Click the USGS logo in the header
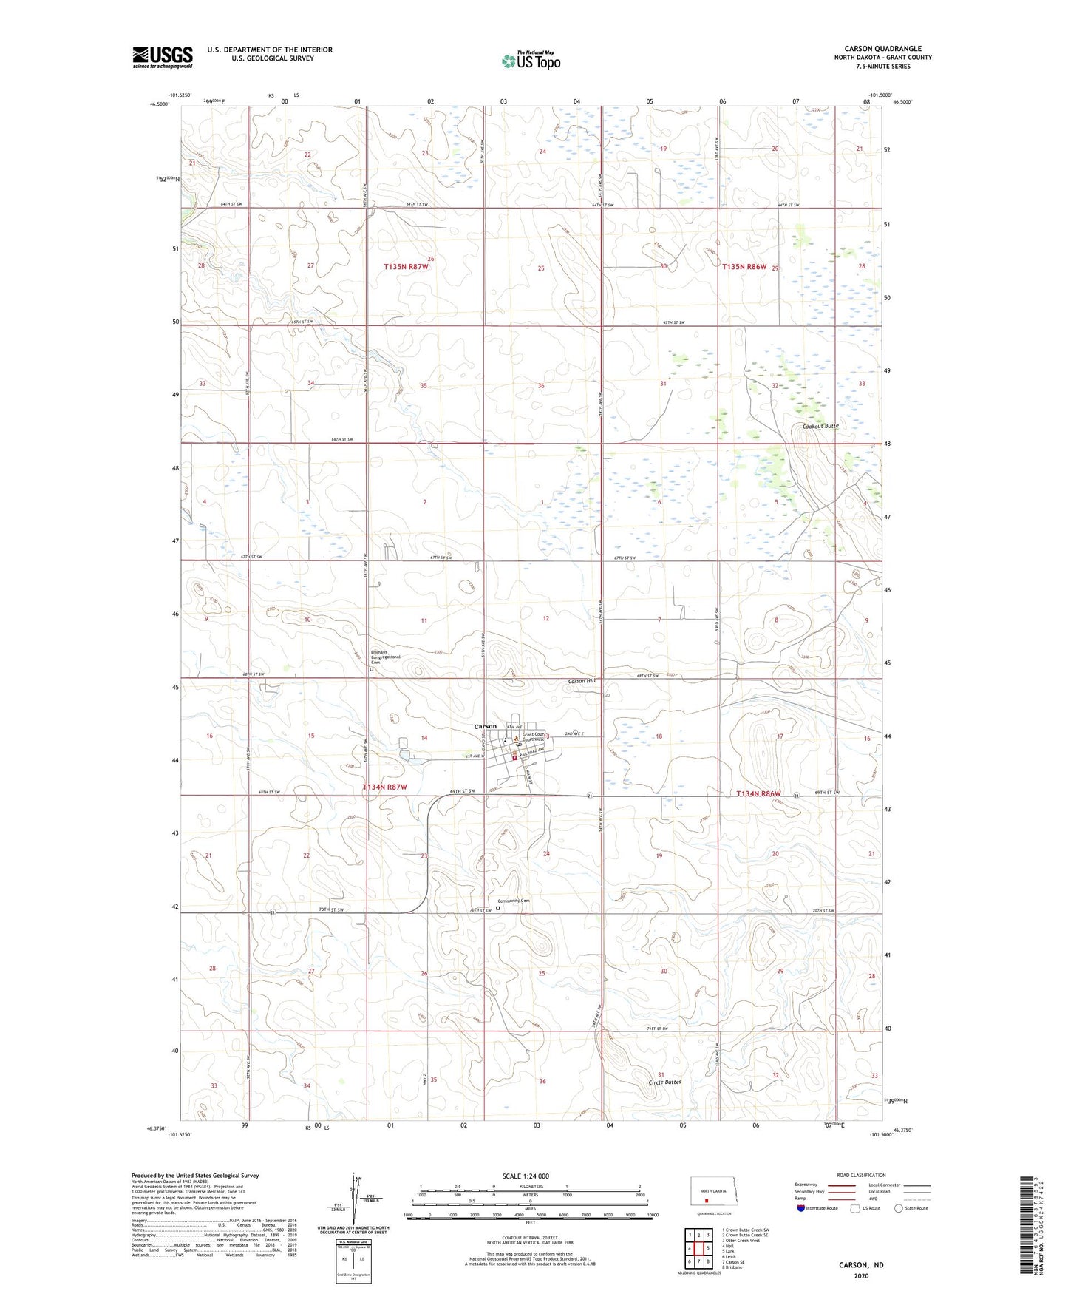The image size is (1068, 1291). pos(162,57)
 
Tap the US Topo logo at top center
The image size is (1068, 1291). pos(531,60)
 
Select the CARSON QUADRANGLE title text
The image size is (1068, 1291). pos(882,49)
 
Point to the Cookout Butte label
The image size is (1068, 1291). pos(820,427)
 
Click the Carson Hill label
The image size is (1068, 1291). pos(581,681)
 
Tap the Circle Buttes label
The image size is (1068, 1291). pos(664,1082)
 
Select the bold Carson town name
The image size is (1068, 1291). pos(486,726)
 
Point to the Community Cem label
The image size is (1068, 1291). pos(514,901)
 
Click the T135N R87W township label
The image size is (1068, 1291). pos(406,266)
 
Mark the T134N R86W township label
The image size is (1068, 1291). pos(758,793)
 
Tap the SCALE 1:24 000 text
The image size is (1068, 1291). pos(526,1176)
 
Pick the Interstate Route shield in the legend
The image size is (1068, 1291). pos(802,1208)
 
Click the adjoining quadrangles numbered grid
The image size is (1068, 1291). pos(698,1250)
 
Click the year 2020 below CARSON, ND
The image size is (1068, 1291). pos(860,1275)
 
